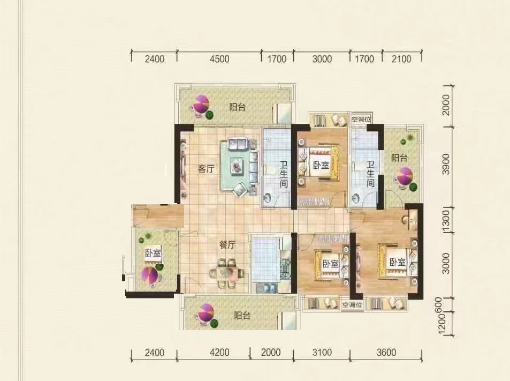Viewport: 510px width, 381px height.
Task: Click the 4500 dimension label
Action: [x=219, y=59]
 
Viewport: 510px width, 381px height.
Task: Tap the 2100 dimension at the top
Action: [x=402, y=59]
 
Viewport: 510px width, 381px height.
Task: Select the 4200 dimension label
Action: [x=219, y=353]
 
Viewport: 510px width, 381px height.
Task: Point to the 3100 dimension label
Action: [x=322, y=353]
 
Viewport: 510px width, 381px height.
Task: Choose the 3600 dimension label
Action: [x=386, y=353]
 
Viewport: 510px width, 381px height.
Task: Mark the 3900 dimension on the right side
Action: [x=446, y=164]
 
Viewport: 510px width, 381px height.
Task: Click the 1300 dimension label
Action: [x=446, y=220]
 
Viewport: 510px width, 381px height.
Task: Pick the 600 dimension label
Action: [x=439, y=304]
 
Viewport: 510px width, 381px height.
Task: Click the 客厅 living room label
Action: [x=206, y=169]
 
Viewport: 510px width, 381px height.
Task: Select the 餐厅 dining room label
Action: [x=227, y=244]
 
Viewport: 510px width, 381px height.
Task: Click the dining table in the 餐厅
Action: [x=227, y=273]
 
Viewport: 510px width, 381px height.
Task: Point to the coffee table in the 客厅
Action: [x=237, y=166]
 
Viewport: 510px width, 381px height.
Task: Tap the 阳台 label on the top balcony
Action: [x=238, y=107]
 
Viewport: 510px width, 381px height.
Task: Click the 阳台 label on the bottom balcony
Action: [x=242, y=315]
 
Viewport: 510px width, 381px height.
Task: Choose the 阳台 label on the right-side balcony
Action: [x=399, y=158]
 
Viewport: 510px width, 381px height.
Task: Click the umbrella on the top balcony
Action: [x=201, y=103]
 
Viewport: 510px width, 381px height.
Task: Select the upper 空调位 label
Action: [x=361, y=119]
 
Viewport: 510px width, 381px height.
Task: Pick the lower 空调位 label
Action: [x=352, y=305]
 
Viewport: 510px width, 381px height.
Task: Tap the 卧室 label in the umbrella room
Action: [x=153, y=253]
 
